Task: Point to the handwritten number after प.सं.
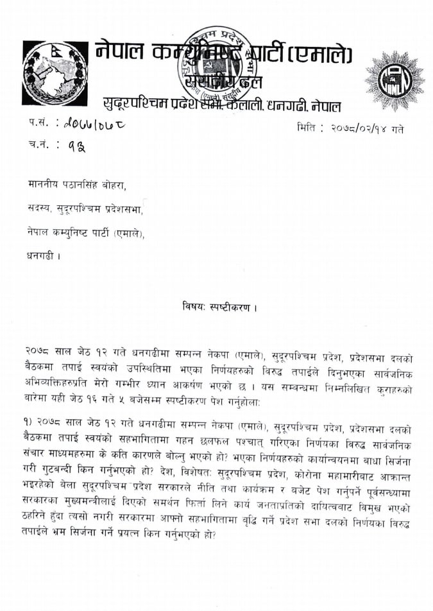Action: [x=91, y=123]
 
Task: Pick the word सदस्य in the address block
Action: [x=39, y=209]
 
